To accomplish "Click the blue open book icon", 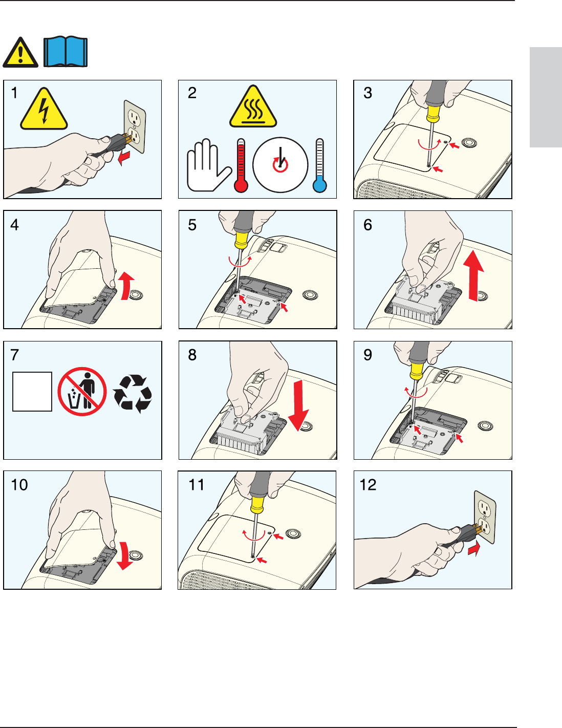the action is tap(66, 52).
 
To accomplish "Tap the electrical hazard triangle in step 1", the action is tap(44, 109).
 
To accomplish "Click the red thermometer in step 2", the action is tap(241, 165).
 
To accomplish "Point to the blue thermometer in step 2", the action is tap(320, 165).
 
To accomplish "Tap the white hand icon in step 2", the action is tap(208, 166).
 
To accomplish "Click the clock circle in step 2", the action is tap(280, 165).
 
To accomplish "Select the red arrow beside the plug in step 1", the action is tap(124, 158).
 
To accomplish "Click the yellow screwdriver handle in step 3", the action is tap(433, 114).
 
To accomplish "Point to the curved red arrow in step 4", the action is tap(126, 285).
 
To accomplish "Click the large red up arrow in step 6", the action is tap(473, 275).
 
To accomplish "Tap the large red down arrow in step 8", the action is tap(298, 405).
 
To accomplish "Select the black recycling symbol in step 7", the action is tap(133, 393).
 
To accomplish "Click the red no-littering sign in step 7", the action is tap(82, 391).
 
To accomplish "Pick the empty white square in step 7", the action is tap(32, 391).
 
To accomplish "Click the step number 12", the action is tap(368, 485).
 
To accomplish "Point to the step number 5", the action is tap(192, 225).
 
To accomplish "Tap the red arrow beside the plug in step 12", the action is tap(474, 549).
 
